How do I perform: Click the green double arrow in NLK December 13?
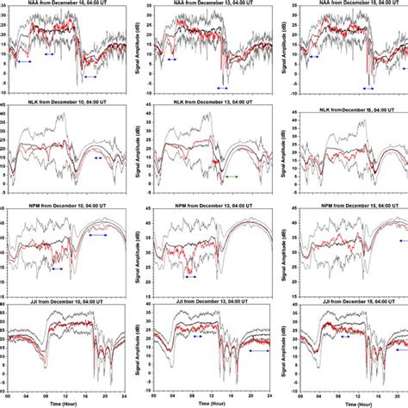[x=232, y=176]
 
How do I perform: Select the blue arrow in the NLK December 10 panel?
[x=97, y=158]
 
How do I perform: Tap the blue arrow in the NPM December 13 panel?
[x=190, y=277]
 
